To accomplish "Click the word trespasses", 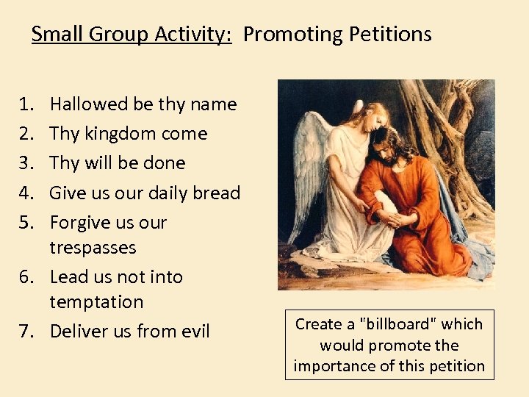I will tap(93, 248).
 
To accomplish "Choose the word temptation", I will tap(96, 302).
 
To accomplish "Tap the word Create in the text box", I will tap(319, 324).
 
